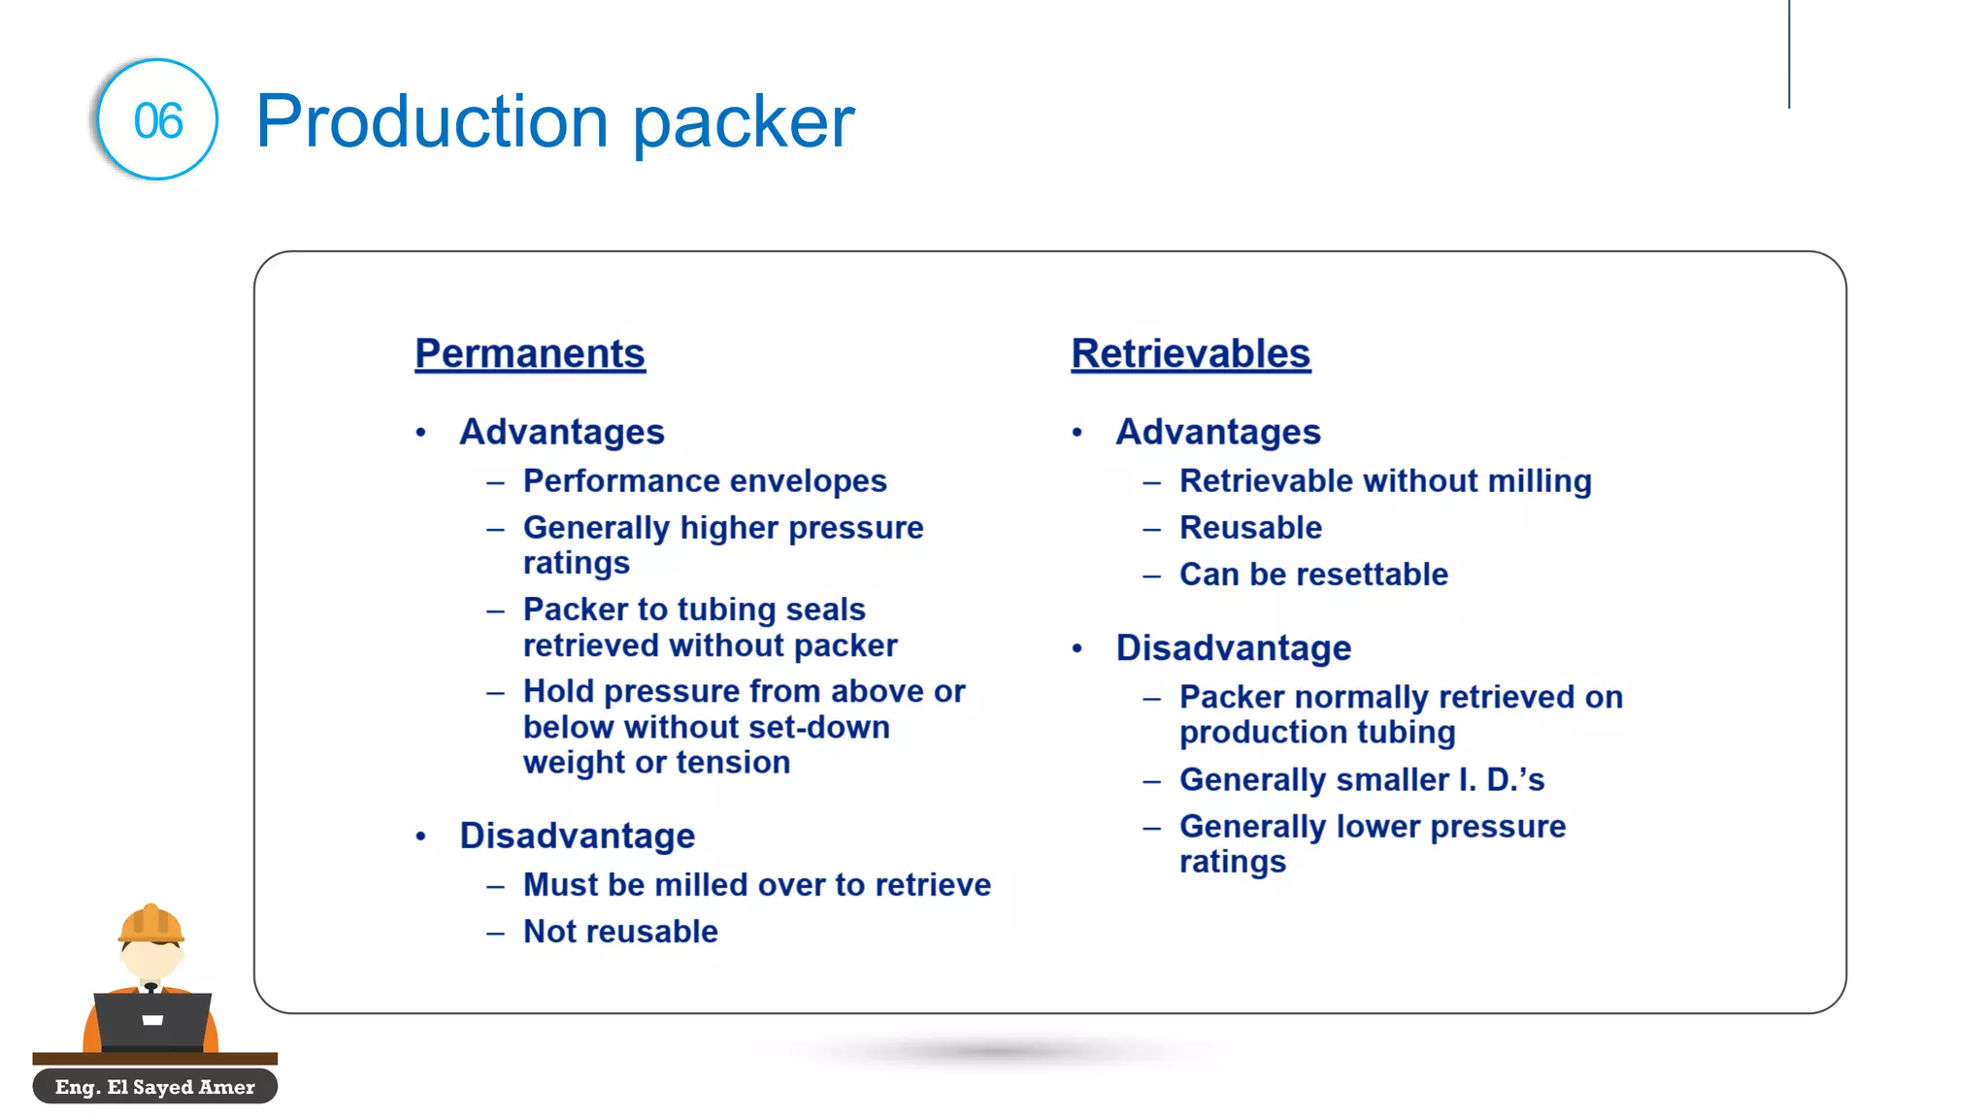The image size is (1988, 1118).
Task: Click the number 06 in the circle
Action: coord(157,121)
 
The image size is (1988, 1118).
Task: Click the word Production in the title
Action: coord(432,121)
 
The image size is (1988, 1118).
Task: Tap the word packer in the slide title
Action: coord(744,124)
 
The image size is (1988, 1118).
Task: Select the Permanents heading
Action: coord(530,353)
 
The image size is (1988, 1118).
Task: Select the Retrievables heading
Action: coord(1190,353)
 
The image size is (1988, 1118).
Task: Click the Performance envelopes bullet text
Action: coord(705,481)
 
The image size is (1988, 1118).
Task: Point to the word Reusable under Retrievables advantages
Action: coord(1250,528)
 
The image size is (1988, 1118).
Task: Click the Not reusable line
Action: coord(620,932)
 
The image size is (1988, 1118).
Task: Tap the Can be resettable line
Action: coord(1313,575)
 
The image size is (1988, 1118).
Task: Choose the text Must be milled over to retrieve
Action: coord(757,885)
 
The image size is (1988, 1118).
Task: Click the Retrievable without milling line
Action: coord(1385,481)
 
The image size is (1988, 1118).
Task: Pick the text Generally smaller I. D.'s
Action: coord(1361,780)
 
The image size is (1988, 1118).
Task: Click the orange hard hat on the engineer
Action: coord(150,923)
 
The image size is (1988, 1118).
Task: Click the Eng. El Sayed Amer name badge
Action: coord(155,1087)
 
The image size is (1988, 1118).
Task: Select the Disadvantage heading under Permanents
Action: coord(577,836)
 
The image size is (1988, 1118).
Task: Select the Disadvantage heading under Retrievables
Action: coord(1233,648)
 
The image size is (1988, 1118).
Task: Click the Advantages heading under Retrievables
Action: coord(1217,432)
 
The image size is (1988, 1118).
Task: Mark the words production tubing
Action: coord(1317,733)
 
